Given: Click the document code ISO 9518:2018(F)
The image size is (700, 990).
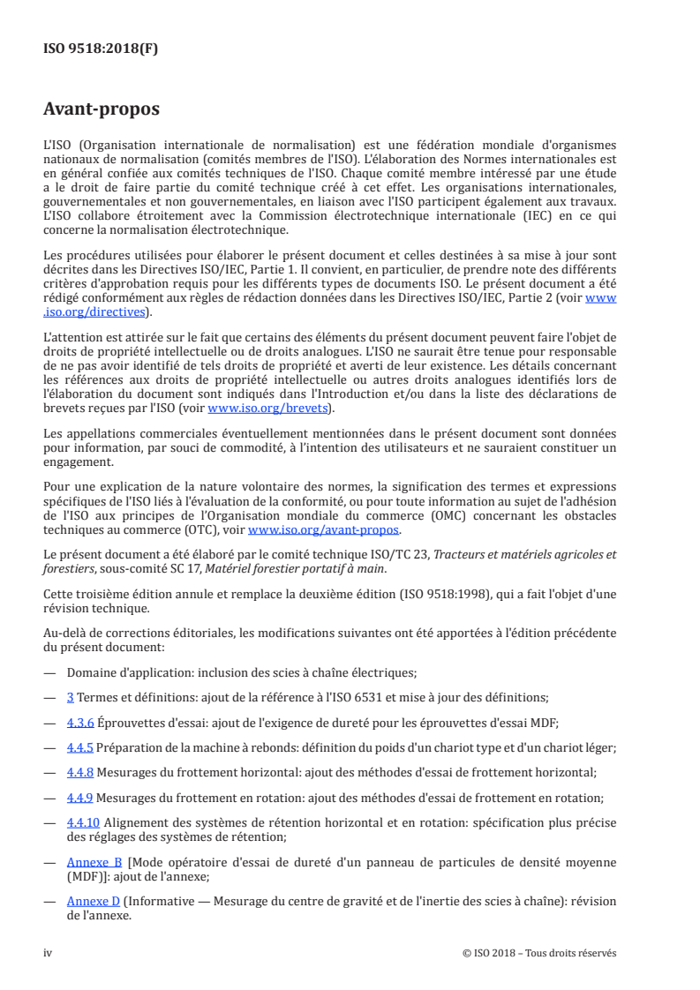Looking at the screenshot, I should pos(102,50).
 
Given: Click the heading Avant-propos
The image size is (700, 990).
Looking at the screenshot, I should pos(102,109).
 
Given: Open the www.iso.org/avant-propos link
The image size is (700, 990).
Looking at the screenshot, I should pos(324,530).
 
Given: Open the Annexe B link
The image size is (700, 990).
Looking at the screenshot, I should pos(94,860).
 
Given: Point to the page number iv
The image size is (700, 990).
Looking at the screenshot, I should pos(49,953).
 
